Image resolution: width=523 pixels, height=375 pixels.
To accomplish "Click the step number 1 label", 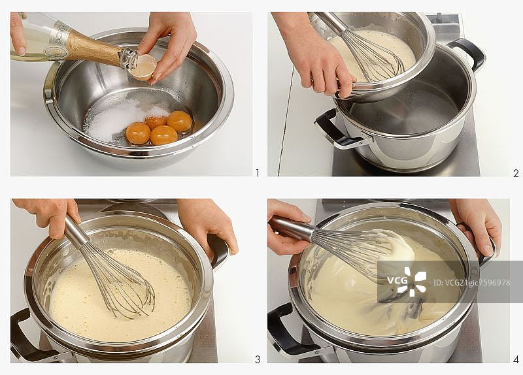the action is (257, 173).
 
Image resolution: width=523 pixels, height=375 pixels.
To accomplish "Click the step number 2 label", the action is (516, 173).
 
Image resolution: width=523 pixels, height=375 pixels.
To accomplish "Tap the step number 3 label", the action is (258, 359).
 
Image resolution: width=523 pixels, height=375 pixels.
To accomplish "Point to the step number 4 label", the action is (516, 359).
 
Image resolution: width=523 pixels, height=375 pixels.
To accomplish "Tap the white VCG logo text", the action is (397, 280).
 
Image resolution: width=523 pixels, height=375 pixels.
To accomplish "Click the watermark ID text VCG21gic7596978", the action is (471, 283).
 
